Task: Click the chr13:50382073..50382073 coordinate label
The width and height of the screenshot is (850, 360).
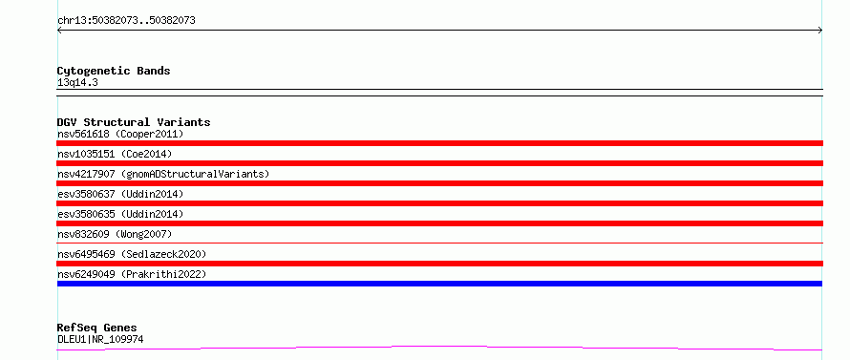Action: pyautogui.click(x=126, y=21)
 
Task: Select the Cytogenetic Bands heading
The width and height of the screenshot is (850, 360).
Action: pyautogui.click(x=114, y=71)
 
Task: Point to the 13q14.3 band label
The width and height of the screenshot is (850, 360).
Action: pyautogui.click(x=77, y=83)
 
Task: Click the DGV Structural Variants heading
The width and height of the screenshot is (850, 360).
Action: pyautogui.click(x=134, y=122)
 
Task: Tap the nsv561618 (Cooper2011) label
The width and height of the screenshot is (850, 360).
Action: pyautogui.click(x=120, y=134)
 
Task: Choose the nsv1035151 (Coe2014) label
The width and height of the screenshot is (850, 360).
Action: pyautogui.click(x=115, y=154)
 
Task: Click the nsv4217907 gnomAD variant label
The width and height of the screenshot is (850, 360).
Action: pyautogui.click(x=163, y=174)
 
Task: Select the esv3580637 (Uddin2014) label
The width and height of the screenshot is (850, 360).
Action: pyautogui.click(x=120, y=194)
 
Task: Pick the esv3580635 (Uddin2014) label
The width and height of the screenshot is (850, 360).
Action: pyautogui.click(x=120, y=214)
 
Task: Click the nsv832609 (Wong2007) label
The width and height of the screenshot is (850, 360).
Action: pyautogui.click(x=115, y=234)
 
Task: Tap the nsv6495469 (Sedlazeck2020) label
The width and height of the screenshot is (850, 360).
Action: pyautogui.click(x=132, y=254)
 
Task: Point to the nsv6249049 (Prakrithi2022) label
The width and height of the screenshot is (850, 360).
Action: pyautogui.click(x=132, y=274)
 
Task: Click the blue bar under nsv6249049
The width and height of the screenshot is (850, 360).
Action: pyautogui.click(x=439, y=284)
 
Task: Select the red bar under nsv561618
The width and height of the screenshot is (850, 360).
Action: pyautogui.click(x=439, y=143)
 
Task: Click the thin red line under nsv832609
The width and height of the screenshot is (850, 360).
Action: pyautogui.click(x=439, y=243)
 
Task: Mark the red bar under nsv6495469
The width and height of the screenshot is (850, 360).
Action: pyautogui.click(x=439, y=264)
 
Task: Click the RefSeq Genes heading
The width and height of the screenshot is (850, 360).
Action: pyautogui.click(x=96, y=328)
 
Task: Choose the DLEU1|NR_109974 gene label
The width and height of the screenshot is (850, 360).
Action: pyautogui.click(x=100, y=340)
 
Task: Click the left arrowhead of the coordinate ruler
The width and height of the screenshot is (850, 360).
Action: pyautogui.click(x=58, y=31)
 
